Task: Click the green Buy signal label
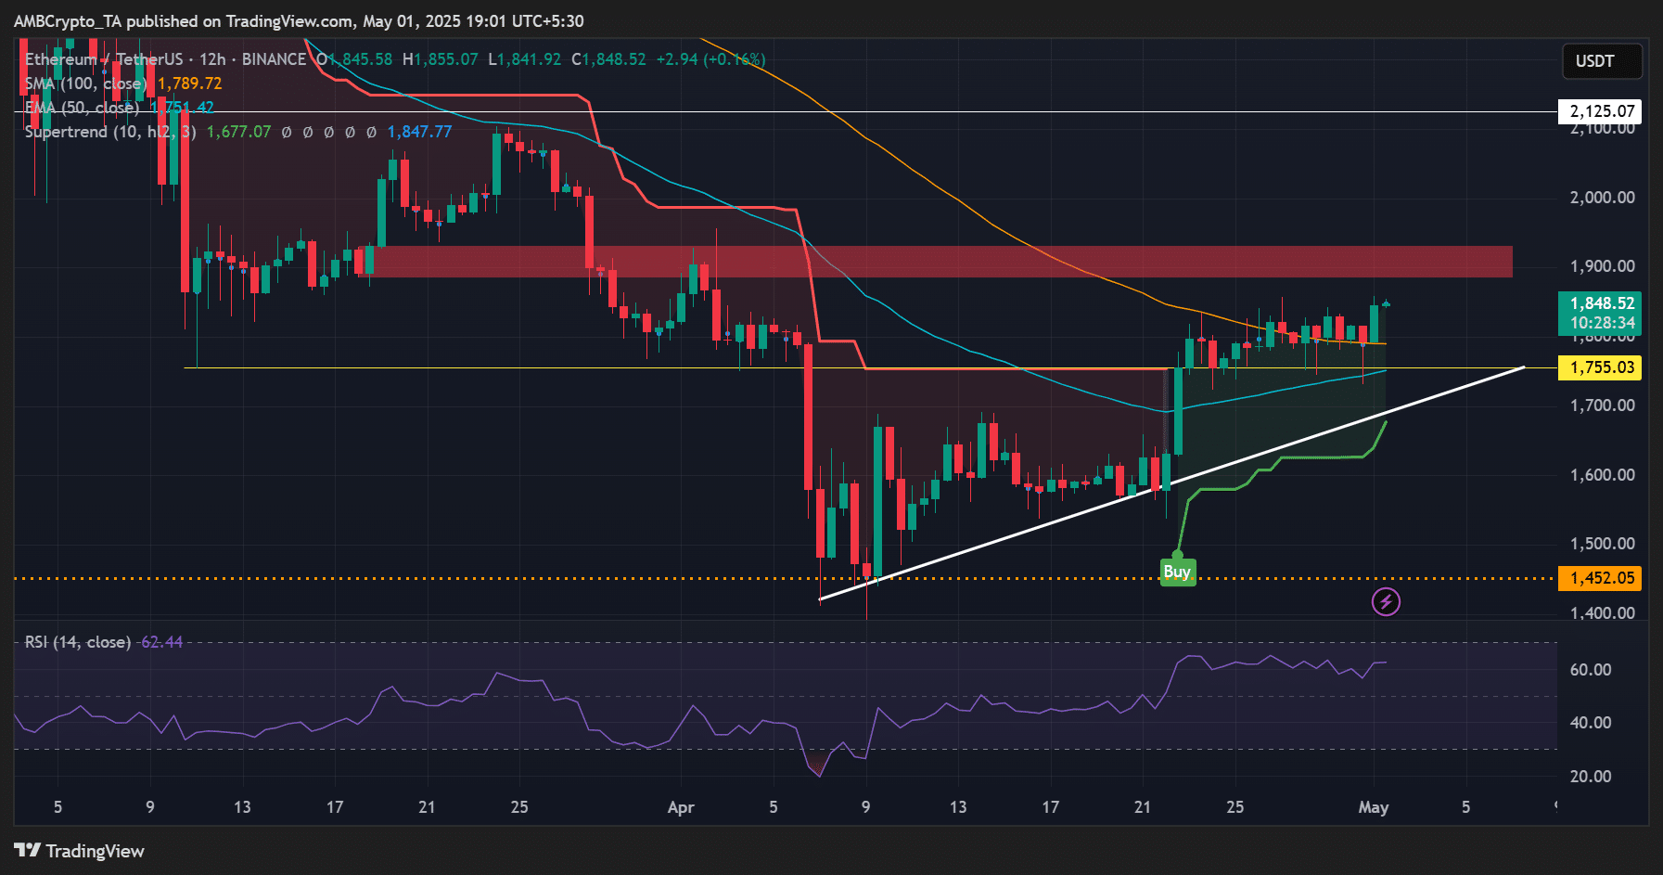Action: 1177,572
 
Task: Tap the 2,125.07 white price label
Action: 1601,111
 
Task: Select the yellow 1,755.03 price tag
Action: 1601,368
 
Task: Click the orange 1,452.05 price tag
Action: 1601,578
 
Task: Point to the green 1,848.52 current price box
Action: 1601,313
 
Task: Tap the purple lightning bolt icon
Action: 1386,602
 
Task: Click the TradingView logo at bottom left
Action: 80,851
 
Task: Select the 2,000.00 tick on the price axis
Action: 1601,197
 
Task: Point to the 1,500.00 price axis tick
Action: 1601,544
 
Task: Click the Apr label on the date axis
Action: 681,807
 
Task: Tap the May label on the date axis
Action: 1373,807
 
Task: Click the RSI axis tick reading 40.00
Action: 1590,723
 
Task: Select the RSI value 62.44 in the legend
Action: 161,642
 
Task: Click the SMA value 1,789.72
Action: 190,84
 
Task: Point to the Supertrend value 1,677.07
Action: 238,132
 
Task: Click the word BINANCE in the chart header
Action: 274,59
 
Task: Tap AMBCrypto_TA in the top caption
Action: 67,20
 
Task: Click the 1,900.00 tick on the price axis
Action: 1601,266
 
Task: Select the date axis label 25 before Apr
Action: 519,807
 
